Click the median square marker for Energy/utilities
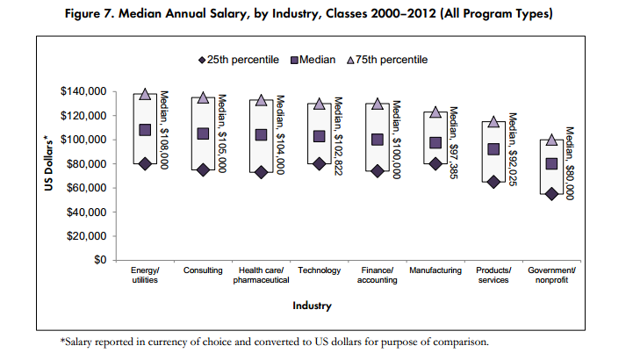coord(145,130)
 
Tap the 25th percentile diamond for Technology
coord(319,163)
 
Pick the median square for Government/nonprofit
coord(550,163)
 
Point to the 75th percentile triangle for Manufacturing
coord(435,112)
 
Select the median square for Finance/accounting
coord(377,140)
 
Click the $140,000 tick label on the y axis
coord(83,91)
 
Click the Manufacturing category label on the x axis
coord(435,270)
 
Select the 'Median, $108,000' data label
coord(164,131)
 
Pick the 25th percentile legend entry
coord(239,60)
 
